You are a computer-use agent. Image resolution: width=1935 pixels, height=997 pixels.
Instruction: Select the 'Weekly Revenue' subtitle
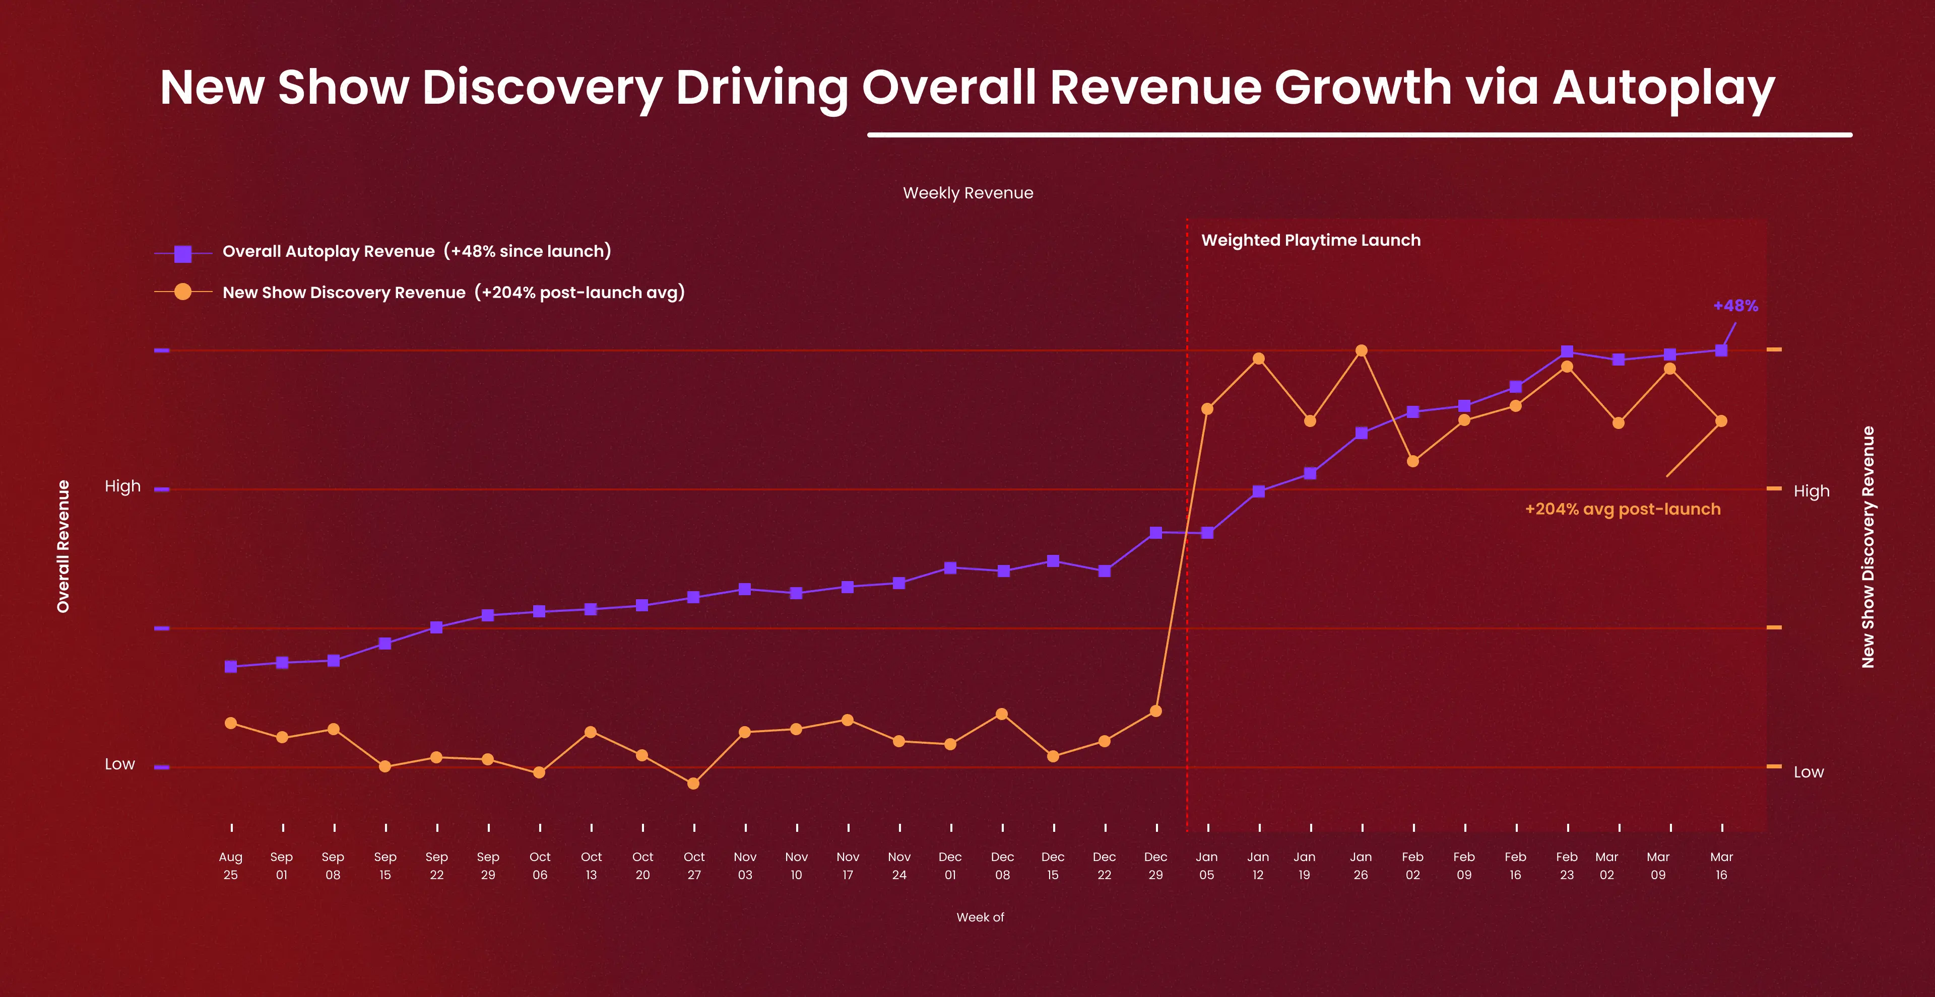967,193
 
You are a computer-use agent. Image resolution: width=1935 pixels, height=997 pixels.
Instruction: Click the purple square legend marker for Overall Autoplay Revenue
182,254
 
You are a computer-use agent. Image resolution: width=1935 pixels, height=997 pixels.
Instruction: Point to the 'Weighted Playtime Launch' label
1311,240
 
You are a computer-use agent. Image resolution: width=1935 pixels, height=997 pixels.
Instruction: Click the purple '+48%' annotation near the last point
1735,306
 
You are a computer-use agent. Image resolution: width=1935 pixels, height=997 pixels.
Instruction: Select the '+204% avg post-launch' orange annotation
1622,509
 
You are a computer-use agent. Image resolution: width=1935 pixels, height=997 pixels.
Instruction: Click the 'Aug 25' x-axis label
231,866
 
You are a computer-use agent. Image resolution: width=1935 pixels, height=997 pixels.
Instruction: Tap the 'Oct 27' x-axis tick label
694,866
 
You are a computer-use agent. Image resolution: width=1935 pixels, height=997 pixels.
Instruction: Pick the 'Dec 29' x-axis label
1155,866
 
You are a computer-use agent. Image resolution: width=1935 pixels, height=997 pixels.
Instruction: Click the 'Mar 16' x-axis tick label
1721,866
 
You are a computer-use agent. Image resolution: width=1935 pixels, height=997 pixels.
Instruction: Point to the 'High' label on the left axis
122,486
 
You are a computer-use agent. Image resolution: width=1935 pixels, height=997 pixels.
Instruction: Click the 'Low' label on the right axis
1808,772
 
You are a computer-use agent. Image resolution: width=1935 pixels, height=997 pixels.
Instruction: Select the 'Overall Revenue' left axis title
63,546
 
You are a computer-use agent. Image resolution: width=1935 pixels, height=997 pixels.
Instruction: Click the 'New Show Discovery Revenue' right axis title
1867,546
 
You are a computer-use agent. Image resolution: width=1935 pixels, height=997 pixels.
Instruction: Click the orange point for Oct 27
693,783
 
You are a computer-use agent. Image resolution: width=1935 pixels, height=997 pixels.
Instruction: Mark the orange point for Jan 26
1361,350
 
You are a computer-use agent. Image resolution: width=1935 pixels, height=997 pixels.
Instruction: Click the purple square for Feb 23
1567,351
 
